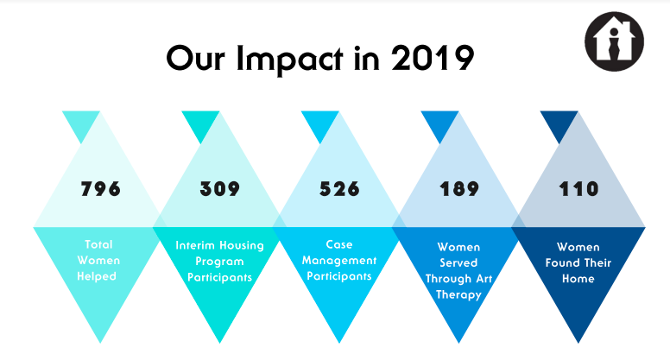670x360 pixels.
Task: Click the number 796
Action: point(100,189)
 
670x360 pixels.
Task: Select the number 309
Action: point(219,189)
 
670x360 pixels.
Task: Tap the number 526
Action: point(339,189)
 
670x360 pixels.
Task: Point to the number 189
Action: point(459,189)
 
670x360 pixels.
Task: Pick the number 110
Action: point(578,189)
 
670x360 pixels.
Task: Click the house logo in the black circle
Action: point(614,41)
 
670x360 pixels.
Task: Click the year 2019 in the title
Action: point(432,58)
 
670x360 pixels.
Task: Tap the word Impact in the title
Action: point(289,59)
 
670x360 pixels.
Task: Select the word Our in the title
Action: point(195,58)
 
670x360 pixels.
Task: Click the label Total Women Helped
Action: point(98,261)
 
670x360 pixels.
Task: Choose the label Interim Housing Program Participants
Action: point(219,262)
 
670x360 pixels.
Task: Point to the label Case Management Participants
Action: point(339,261)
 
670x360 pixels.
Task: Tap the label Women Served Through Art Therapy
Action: point(459,271)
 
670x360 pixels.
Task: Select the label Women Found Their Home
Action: point(578,262)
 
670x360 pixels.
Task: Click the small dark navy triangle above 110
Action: point(559,123)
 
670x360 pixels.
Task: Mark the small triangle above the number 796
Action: point(81,123)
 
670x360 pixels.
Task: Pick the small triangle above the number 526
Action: point(320,123)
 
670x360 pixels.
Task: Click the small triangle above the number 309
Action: point(200,123)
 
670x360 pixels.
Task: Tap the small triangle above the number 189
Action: point(439,123)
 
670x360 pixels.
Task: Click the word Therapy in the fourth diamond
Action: point(459,294)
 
